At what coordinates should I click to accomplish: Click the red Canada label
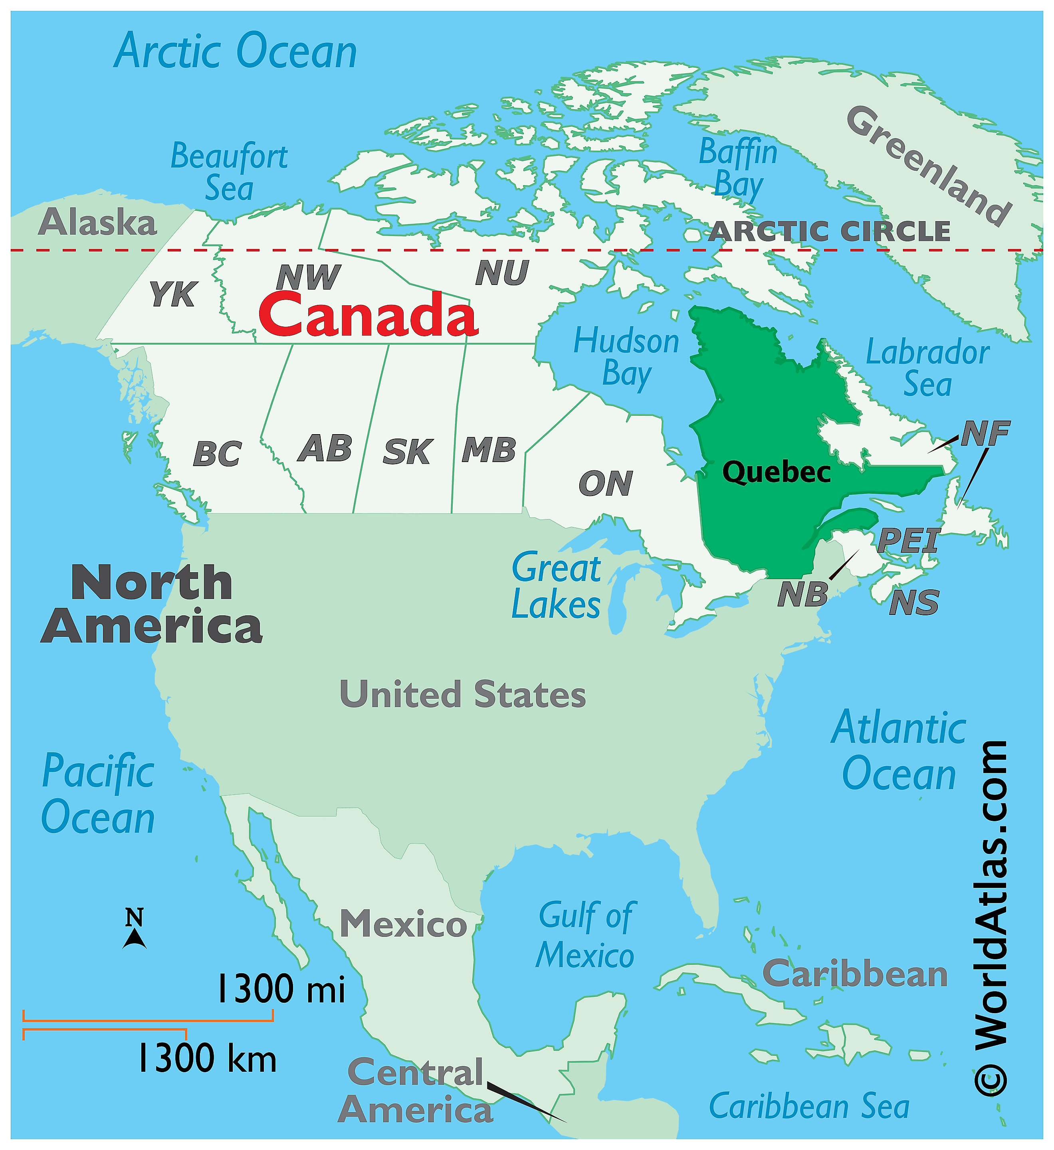click(368, 316)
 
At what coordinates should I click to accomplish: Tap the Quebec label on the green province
click(776, 472)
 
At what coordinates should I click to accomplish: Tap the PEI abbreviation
click(908, 540)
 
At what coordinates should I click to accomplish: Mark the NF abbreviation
click(985, 434)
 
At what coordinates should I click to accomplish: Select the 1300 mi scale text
click(281, 988)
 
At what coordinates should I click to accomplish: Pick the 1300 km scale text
click(206, 1058)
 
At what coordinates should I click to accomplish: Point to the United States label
click(462, 695)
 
